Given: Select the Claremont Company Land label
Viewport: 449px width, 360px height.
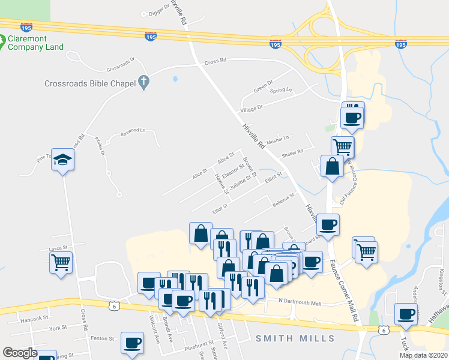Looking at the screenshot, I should [36, 42].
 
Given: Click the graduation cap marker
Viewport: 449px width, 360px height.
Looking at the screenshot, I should [61, 160].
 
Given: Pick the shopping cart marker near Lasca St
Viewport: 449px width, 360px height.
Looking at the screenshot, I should [61, 262].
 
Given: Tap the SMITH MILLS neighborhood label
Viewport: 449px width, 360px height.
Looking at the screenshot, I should [295, 338].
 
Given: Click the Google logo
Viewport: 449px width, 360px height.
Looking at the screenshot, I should [20, 352].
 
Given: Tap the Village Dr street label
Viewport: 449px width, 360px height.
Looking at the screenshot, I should [252, 108].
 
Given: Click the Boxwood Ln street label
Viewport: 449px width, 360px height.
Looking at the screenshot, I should [133, 130].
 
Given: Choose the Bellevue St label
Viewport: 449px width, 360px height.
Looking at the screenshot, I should [285, 199].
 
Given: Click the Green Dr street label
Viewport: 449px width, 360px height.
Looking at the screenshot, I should [263, 86].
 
